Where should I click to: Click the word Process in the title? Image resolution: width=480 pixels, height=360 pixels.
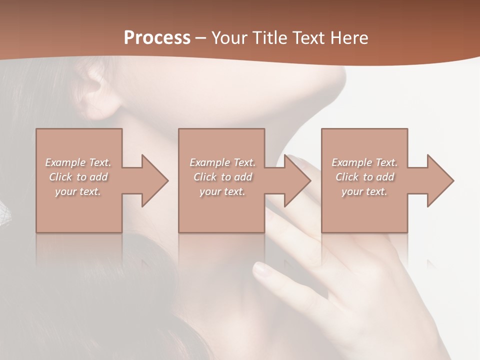point(157,38)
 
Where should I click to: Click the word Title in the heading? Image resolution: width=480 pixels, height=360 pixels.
point(269,38)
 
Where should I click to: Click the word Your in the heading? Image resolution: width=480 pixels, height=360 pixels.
point(229,38)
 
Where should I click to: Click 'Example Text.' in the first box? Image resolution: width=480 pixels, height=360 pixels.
point(78,162)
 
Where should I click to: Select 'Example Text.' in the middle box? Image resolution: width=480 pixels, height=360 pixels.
point(222,162)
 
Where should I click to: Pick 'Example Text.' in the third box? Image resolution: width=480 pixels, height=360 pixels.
point(364,162)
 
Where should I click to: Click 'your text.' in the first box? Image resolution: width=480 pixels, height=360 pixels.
point(78,191)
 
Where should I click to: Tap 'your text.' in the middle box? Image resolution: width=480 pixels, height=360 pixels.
point(222,191)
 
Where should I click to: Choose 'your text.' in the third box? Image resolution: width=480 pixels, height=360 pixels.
point(364,191)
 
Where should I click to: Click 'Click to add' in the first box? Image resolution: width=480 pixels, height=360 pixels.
point(78,177)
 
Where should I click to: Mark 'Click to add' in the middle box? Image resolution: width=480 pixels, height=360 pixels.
point(222,177)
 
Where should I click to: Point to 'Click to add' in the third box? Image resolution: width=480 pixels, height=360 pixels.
point(364,177)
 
